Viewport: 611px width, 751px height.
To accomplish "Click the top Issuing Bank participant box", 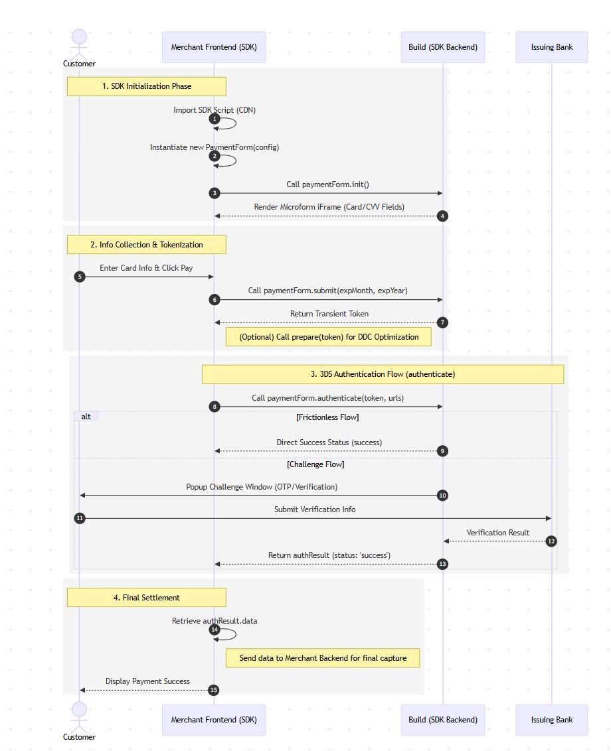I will coord(551,47).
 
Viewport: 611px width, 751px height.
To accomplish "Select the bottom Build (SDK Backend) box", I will coord(443,720).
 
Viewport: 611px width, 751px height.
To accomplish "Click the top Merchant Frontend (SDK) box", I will coord(214,47).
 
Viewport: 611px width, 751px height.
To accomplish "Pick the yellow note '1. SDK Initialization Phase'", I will coord(146,86).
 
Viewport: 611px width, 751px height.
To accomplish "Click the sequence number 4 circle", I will coord(443,216).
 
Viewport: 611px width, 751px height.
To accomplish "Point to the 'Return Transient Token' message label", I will coord(329,314).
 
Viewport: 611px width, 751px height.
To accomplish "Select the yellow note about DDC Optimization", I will coord(329,337).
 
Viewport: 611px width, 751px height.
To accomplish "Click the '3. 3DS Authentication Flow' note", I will coord(383,374).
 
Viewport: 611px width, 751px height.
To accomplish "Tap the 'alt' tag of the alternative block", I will coord(86,417).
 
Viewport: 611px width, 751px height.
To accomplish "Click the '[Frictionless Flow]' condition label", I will coord(327,417).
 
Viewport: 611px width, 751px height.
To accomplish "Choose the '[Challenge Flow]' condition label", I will coord(315,464).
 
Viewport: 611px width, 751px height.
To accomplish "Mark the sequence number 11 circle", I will coord(80,518).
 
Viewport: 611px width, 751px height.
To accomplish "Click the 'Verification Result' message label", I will coord(497,533).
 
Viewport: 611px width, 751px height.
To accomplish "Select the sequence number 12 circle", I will coord(551,541).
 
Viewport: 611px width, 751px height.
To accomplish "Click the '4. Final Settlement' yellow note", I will coord(146,598).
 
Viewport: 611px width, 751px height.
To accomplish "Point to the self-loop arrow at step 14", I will coord(229,634).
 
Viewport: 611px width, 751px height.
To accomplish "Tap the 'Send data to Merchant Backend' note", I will coord(323,658).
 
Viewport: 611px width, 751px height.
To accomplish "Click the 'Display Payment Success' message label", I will coord(147,681).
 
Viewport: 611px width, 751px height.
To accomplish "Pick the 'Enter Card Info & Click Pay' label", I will coord(146,268).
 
